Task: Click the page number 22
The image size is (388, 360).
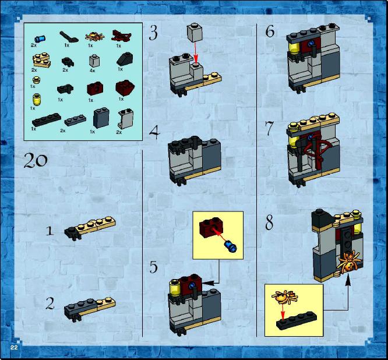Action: click(14, 347)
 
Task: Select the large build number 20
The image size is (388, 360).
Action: click(36, 160)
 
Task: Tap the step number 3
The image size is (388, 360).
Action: click(153, 33)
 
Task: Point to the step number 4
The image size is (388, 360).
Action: click(154, 133)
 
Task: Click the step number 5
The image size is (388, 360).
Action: click(153, 267)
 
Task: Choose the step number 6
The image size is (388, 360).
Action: click(270, 31)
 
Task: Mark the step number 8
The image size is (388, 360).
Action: click(269, 222)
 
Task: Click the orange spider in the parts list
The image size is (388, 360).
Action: click(94, 37)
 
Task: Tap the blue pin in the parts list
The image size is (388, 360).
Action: click(40, 38)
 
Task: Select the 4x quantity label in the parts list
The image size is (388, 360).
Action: click(92, 70)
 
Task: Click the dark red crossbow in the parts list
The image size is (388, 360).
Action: click(122, 36)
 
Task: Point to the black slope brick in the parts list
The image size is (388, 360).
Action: click(125, 59)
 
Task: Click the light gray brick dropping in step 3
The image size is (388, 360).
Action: click(195, 33)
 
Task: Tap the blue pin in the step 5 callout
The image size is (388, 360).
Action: click(230, 246)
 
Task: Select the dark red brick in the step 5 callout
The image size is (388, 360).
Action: click(211, 228)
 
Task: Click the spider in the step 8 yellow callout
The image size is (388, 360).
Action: click(285, 297)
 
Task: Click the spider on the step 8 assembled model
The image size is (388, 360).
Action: click(349, 262)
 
